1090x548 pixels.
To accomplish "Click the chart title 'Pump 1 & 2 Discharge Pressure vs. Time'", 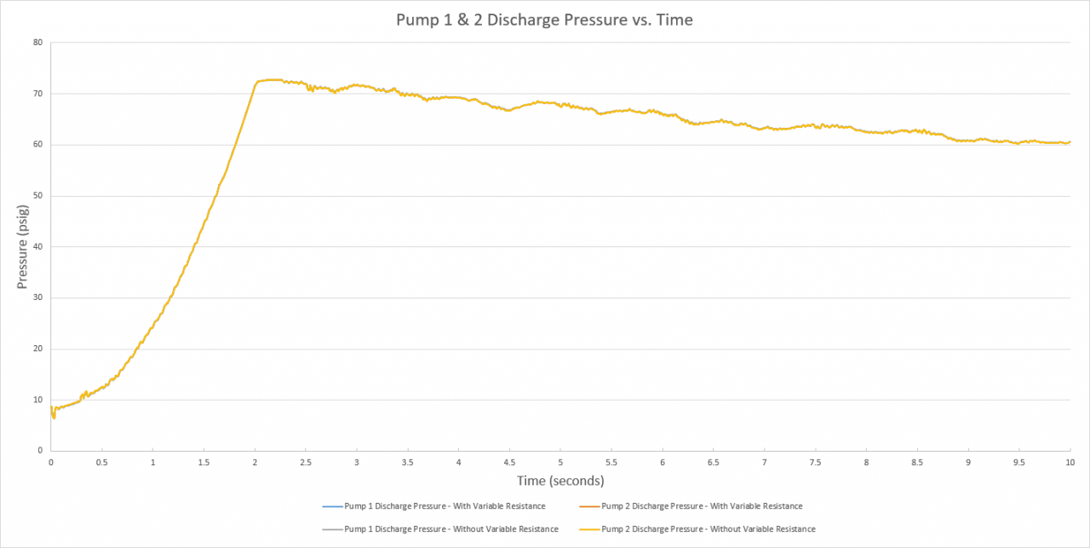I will coord(544,20).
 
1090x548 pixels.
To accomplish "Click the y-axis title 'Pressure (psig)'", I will coord(22,246).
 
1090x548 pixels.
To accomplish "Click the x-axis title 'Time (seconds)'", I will coord(560,481).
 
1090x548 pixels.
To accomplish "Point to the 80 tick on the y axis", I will coord(37,43).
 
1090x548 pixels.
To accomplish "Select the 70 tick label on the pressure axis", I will coord(37,94).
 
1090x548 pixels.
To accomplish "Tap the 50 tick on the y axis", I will coord(37,196).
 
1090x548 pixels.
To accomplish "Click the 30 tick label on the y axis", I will coord(37,298).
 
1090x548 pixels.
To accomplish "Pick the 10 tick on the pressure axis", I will coord(37,400).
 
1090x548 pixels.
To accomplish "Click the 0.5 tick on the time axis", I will coord(102,463).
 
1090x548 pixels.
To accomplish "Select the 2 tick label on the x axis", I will coord(255,463).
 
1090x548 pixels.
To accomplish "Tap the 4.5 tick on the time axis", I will coord(509,463).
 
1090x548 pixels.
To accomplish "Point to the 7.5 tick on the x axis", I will coord(815,463).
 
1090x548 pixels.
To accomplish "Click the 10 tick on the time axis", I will coord(1070,463).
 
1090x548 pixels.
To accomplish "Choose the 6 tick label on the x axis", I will coord(663,463).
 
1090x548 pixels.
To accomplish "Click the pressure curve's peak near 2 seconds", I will coord(269,79).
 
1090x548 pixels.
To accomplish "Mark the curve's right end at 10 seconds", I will coord(1070,142).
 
